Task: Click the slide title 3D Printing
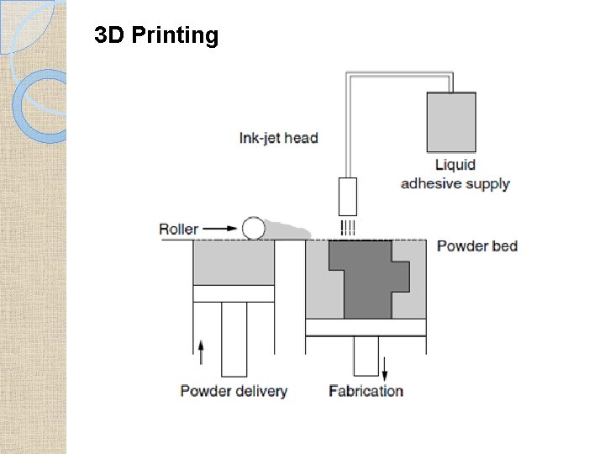pyautogui.click(x=156, y=35)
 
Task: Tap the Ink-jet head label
pyautogui.click(x=279, y=137)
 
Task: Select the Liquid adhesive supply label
pyautogui.click(x=455, y=174)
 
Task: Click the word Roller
pyautogui.click(x=179, y=229)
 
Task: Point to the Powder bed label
pyautogui.click(x=477, y=245)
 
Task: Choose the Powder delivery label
pyautogui.click(x=234, y=390)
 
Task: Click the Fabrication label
pyautogui.click(x=366, y=390)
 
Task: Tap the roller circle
pyautogui.click(x=252, y=228)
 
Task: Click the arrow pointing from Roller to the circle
pyautogui.click(x=221, y=229)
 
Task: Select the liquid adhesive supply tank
pyautogui.click(x=451, y=121)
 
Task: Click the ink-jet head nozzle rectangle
pyautogui.click(x=348, y=196)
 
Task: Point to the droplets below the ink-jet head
pyautogui.click(x=348, y=227)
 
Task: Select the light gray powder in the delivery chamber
pyautogui.click(x=234, y=263)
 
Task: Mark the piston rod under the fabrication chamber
pyautogui.click(x=366, y=356)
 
